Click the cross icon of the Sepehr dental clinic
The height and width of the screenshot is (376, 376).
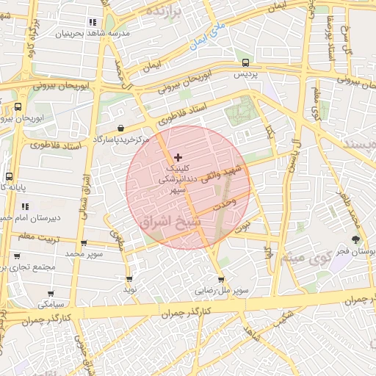178,157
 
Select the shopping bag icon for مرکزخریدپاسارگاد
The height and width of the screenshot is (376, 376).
120,129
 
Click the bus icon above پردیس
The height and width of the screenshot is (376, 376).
245,63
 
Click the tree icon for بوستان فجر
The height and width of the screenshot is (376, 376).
356,239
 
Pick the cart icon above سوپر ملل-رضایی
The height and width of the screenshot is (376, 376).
221,279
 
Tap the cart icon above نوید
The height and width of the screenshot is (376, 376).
129,279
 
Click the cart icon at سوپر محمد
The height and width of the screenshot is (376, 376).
83,243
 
